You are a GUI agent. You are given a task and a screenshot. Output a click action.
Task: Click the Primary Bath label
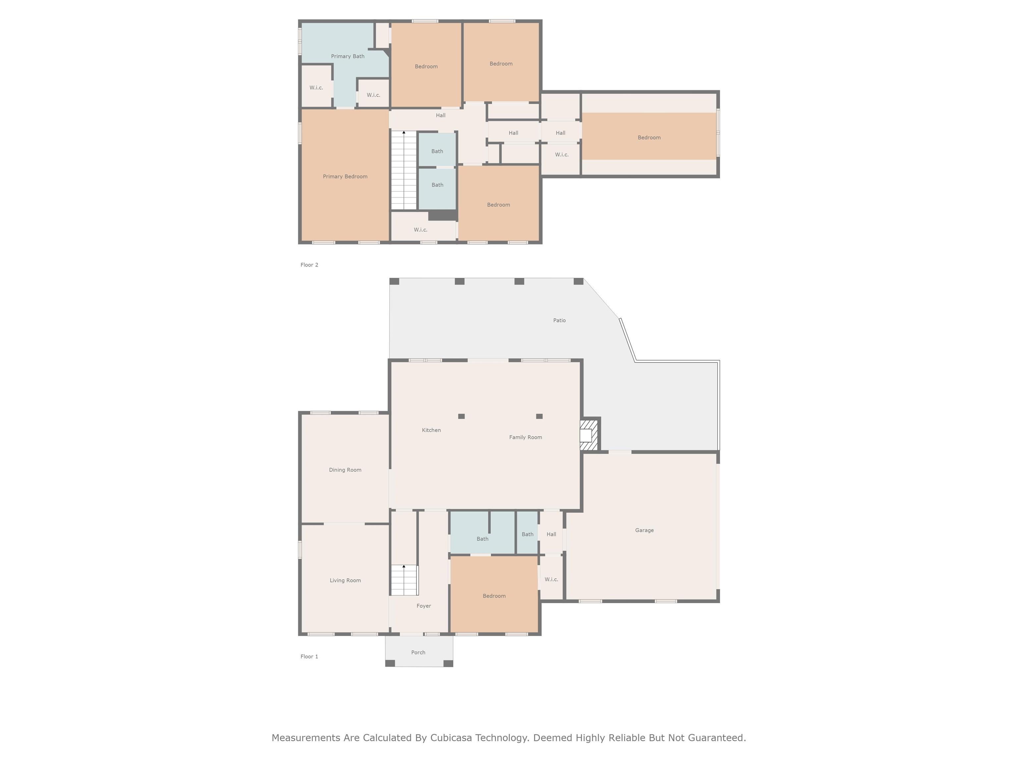348,56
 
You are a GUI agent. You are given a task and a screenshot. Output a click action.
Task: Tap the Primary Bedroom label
345,176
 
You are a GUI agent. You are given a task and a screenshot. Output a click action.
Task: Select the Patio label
559,320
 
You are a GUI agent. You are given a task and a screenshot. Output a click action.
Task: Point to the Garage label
644,530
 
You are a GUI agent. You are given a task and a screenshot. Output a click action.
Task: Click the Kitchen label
431,430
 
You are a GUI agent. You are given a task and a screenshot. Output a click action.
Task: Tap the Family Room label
526,437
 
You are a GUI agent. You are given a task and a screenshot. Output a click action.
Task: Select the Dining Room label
345,470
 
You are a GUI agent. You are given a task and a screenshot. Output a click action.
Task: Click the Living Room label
345,580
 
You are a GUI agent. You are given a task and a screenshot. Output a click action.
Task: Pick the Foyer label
424,605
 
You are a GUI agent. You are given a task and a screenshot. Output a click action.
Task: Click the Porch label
418,652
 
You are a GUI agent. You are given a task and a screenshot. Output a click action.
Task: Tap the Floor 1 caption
309,656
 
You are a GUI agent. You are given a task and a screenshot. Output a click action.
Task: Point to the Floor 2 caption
309,265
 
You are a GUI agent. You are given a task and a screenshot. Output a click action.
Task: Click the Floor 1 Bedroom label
494,596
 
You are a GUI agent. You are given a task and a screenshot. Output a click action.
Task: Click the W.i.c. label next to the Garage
551,579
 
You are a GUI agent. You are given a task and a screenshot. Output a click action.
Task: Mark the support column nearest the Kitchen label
461,416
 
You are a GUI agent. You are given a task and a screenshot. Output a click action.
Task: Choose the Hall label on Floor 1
551,534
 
